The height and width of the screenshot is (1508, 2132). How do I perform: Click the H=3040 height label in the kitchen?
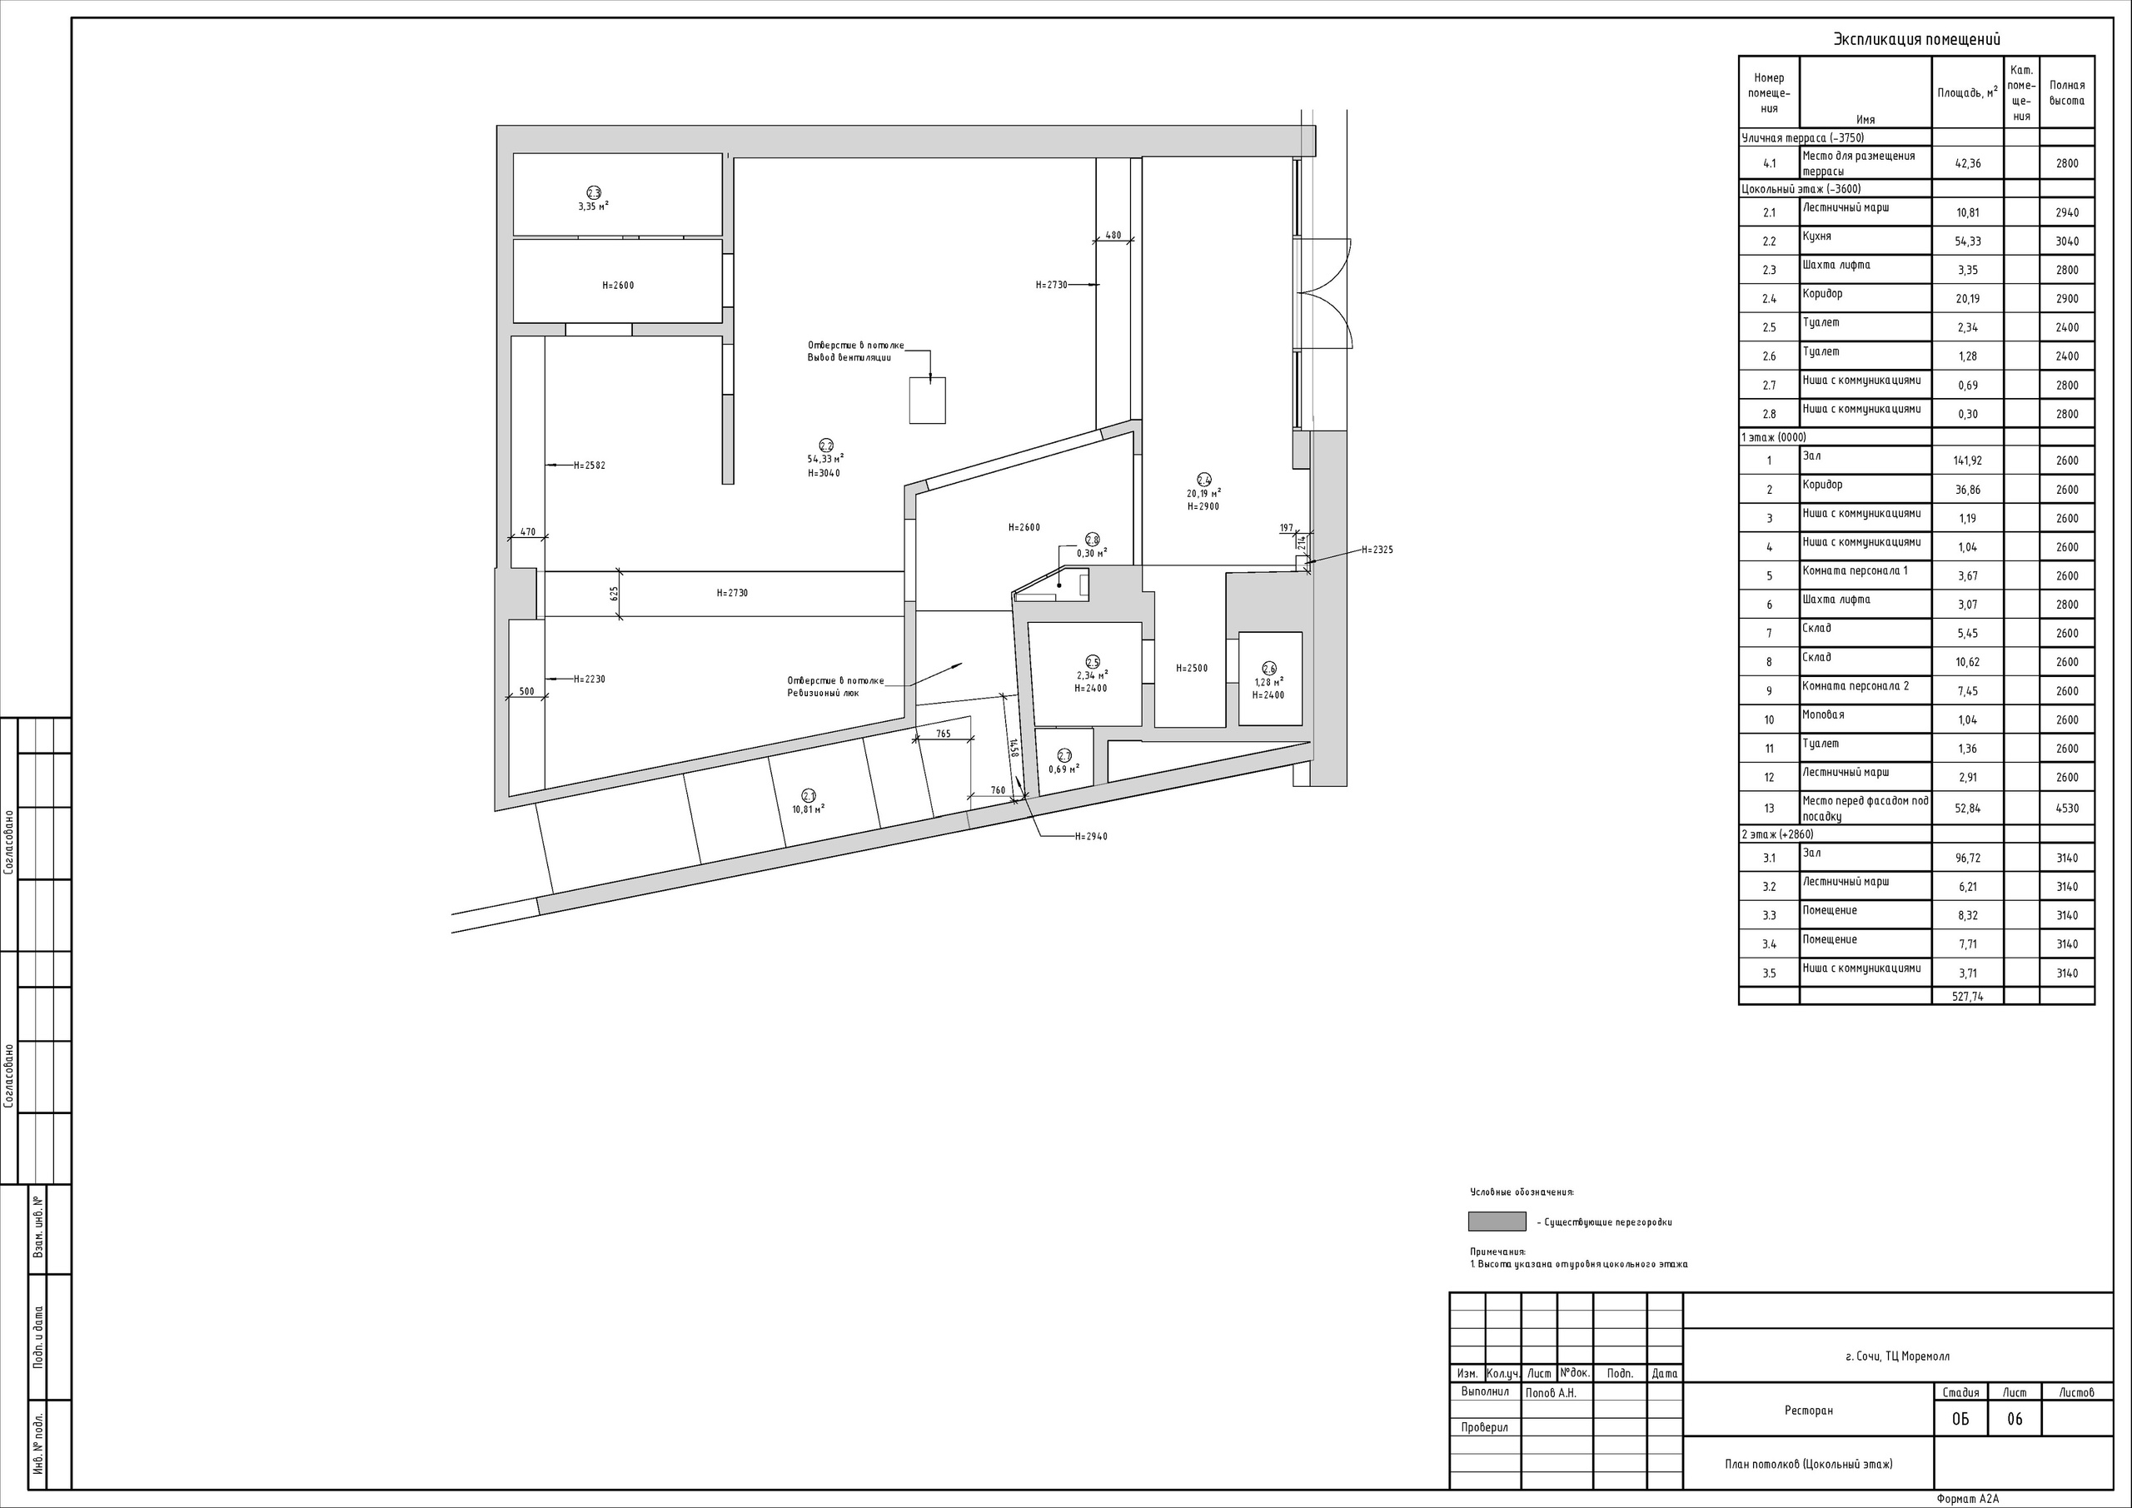[x=824, y=474]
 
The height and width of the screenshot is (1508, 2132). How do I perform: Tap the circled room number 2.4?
[x=1203, y=480]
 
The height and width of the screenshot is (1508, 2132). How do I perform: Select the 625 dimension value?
[x=615, y=594]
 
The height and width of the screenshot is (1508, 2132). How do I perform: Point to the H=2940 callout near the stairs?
[x=1091, y=837]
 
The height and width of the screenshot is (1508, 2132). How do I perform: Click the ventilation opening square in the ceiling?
[x=927, y=401]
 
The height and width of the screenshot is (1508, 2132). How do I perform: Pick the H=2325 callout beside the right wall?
[x=1377, y=550]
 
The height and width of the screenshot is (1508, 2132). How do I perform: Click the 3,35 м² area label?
[x=593, y=207]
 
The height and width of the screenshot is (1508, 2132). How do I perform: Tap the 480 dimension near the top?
[x=1113, y=236]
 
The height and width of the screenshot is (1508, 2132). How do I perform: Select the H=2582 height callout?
[x=589, y=465]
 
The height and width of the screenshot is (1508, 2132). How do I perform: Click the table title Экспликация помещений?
[x=1916, y=39]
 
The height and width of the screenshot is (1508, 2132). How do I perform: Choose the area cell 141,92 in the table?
[x=1968, y=460]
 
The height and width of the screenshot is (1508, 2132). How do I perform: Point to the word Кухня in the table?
[x=1817, y=236]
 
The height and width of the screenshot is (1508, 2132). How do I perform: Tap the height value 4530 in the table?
[x=2067, y=808]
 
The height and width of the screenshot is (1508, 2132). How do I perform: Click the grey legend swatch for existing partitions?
[x=1497, y=1221]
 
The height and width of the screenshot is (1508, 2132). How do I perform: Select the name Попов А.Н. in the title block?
[x=1551, y=1393]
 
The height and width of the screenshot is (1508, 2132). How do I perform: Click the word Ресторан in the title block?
[x=1809, y=1411]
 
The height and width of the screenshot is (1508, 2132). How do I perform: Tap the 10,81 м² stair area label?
[x=808, y=809]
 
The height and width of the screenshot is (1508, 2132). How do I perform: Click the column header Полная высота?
[x=2067, y=93]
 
